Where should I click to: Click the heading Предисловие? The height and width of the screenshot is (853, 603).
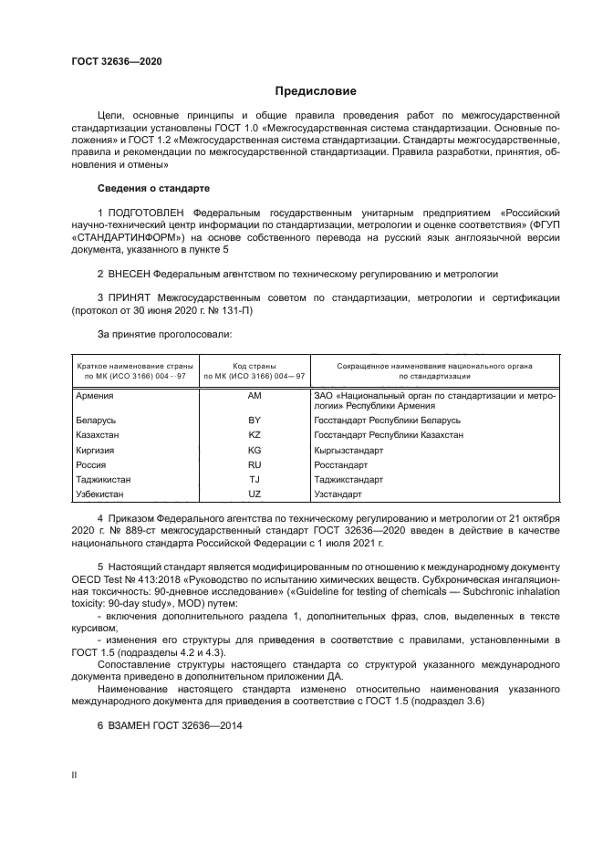coord(317,91)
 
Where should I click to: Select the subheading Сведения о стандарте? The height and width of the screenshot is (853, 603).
coord(153,188)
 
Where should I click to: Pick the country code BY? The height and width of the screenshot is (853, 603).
coord(255,421)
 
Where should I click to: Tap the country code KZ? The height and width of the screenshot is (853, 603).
coord(255,435)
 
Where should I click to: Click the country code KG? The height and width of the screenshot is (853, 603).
coord(255,450)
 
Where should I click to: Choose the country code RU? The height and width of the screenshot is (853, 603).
coord(255,464)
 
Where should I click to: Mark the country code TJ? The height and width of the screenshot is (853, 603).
coord(255,479)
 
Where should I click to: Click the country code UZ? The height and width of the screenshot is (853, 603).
coord(255,494)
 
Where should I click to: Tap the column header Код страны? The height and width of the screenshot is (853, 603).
coord(255,365)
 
